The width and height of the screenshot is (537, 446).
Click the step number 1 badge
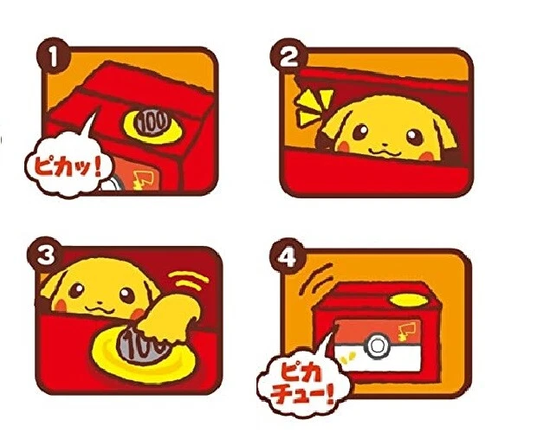coord(53,55)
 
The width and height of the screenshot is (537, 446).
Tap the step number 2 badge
coord(288,57)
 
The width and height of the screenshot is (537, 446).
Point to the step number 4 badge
coord(287,256)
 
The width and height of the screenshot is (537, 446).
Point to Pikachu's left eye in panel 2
coord(360,132)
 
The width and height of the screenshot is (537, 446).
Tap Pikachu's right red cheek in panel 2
coord(426,156)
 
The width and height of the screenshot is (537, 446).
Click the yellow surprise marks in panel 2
coord(314,107)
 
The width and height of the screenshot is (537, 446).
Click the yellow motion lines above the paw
coord(189,281)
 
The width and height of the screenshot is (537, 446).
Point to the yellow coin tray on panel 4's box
coord(410,300)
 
